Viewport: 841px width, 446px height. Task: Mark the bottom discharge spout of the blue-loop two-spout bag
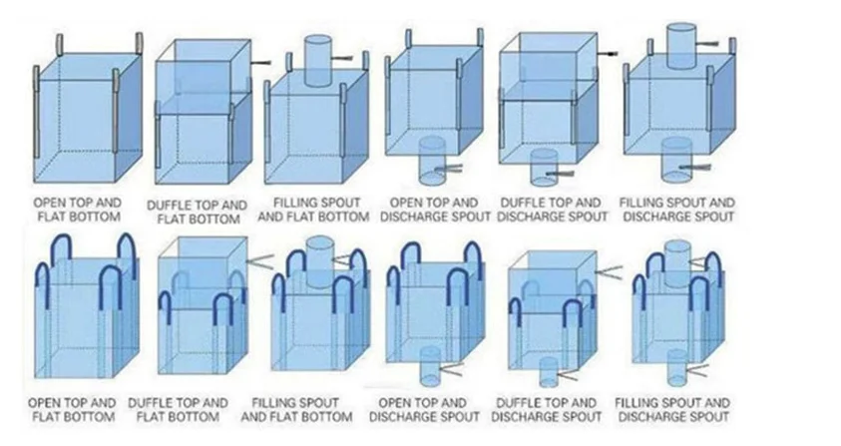675,368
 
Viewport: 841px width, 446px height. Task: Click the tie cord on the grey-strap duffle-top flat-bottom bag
261,63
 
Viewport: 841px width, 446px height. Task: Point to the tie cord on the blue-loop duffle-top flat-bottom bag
261,260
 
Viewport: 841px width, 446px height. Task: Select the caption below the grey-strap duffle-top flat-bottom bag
198,212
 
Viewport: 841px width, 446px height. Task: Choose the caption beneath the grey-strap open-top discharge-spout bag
436,209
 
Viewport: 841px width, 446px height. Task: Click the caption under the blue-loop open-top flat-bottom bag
76,409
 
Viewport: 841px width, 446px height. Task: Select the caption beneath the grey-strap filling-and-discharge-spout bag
677,209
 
